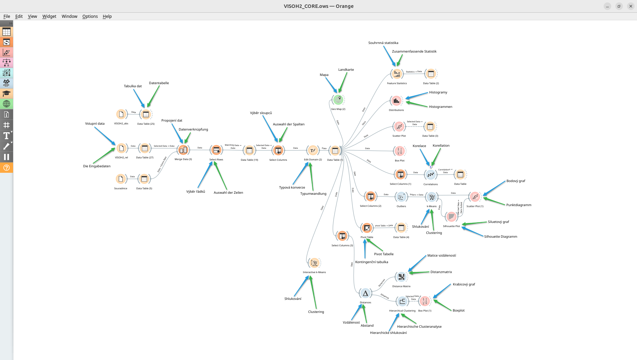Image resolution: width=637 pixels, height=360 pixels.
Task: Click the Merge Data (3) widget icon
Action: pyautogui.click(x=183, y=150)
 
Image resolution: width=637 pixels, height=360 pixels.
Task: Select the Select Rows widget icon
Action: pyautogui.click(x=216, y=150)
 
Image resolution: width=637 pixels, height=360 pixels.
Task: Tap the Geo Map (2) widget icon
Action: pyautogui.click(x=338, y=100)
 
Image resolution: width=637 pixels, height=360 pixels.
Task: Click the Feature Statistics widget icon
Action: pyautogui.click(x=397, y=74)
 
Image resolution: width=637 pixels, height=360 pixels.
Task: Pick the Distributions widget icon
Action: pyautogui.click(x=396, y=101)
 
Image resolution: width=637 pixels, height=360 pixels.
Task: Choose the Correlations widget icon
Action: pyautogui.click(x=431, y=175)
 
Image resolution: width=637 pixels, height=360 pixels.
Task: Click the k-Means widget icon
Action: pyautogui.click(x=432, y=197)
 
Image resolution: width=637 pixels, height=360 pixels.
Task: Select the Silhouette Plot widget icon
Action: pyautogui.click(x=451, y=217)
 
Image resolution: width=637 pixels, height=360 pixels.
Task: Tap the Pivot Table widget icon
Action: pyautogui.click(x=367, y=228)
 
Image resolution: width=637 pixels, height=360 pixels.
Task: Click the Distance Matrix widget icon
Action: pyautogui.click(x=401, y=277)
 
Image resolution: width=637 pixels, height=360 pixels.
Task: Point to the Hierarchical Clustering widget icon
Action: pyautogui.click(x=402, y=302)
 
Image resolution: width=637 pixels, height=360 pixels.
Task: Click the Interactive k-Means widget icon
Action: pyautogui.click(x=314, y=263)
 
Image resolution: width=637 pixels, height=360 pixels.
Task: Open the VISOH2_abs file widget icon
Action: pyautogui.click(x=121, y=114)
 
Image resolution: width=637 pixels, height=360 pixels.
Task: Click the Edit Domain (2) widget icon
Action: pyautogui.click(x=313, y=150)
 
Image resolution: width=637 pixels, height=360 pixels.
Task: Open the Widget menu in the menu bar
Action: pyautogui.click(x=49, y=16)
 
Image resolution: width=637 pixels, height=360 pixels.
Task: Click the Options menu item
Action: pyautogui.click(x=90, y=16)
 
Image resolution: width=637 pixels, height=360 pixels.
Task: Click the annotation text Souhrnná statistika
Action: pyautogui.click(x=383, y=43)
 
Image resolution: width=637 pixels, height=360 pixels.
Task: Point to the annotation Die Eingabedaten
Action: pyautogui.click(x=97, y=166)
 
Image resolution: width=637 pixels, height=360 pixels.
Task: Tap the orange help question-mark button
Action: pyautogui.click(x=7, y=168)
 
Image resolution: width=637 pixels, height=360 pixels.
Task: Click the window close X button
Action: pyautogui.click(x=630, y=6)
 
